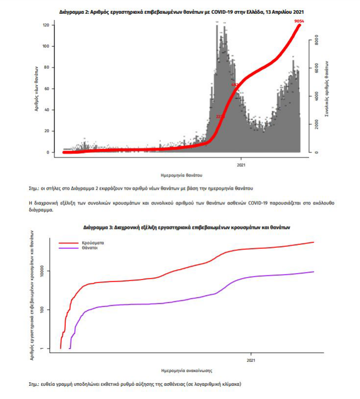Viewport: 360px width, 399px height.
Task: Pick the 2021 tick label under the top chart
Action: click(241, 165)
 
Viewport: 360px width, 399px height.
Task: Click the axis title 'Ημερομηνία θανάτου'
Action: click(181, 175)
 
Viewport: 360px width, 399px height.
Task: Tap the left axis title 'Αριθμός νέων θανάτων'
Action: click(37, 88)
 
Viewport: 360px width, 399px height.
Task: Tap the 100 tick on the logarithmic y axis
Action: click(45, 310)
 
